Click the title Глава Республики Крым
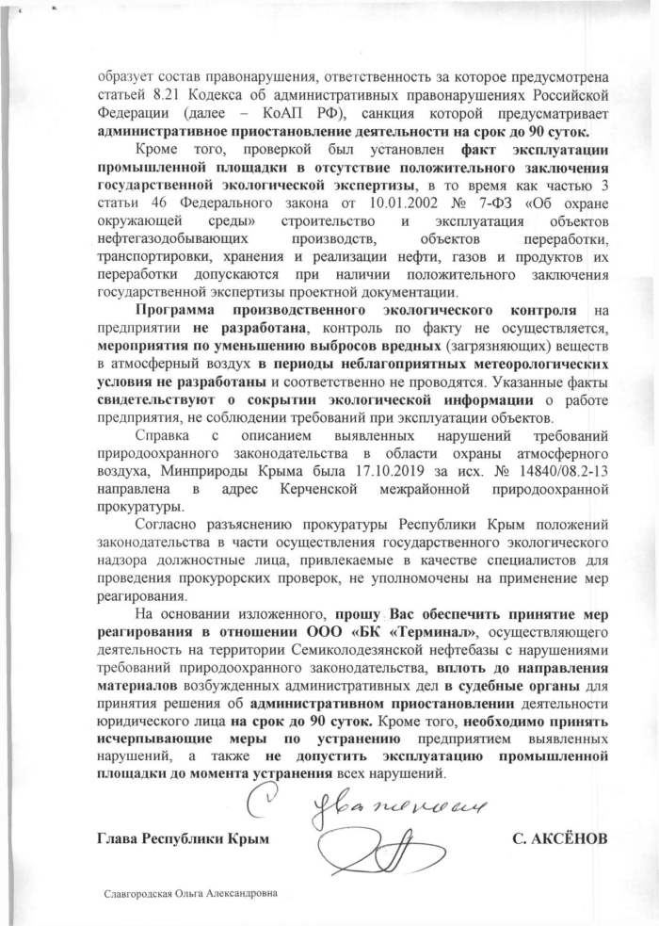coord(182,837)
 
